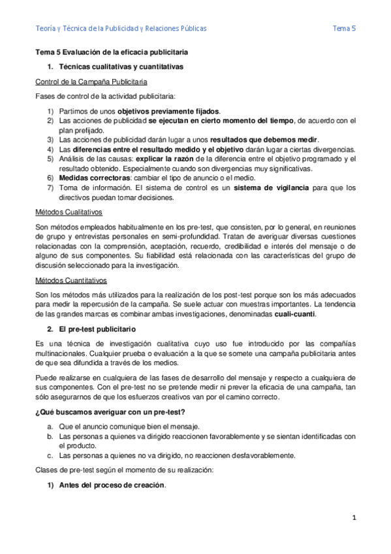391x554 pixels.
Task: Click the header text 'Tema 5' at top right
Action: (344, 29)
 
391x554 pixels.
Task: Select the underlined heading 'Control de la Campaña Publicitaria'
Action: (91, 82)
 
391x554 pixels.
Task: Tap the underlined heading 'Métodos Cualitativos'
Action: (68, 212)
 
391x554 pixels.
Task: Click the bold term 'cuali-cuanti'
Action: (294, 314)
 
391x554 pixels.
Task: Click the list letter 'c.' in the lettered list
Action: (50, 455)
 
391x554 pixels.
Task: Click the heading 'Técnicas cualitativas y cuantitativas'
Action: (121, 67)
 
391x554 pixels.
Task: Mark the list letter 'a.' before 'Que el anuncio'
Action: (50, 425)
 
